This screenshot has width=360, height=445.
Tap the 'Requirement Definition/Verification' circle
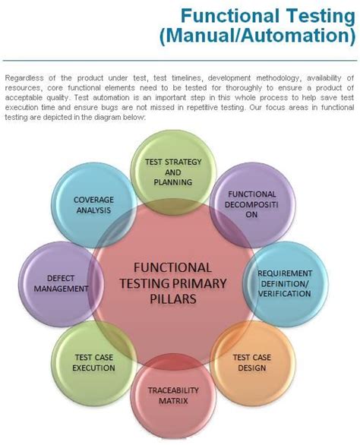tap(286, 282)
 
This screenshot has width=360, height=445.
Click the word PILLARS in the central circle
tap(172, 299)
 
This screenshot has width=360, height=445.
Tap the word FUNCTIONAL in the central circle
tap(172, 267)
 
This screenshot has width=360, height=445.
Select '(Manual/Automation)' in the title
tap(256, 35)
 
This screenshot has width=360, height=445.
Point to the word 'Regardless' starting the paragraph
tap(23, 78)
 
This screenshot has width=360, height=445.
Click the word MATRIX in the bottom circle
tap(169, 400)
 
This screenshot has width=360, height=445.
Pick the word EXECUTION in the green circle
tap(94, 368)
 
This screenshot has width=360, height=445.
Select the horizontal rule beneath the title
tap(180, 59)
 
